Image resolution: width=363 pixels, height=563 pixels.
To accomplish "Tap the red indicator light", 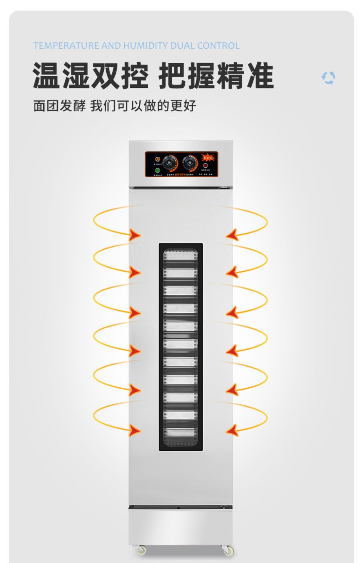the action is tap(205, 166).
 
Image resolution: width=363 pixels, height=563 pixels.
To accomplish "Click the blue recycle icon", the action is tap(328, 78).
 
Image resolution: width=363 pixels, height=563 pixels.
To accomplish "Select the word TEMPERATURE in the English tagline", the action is tap(66, 46).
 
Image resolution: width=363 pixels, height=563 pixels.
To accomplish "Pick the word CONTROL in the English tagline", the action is tap(218, 46).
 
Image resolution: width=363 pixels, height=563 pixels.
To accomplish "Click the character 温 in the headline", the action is tap(47, 76).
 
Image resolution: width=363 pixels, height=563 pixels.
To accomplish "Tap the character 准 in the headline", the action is tap(260, 76).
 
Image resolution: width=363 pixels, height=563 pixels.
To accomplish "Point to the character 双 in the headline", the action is tap(105, 76).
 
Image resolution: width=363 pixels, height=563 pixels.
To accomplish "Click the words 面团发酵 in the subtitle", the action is tap(59, 106).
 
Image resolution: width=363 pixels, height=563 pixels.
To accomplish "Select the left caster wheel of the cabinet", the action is tap(142, 550).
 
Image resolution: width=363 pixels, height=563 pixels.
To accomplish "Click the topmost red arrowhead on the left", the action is tap(135, 235).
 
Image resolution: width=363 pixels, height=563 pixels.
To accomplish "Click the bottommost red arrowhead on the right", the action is tap(232, 430).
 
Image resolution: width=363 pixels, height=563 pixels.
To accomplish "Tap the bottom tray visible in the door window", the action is tap(180, 433).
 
